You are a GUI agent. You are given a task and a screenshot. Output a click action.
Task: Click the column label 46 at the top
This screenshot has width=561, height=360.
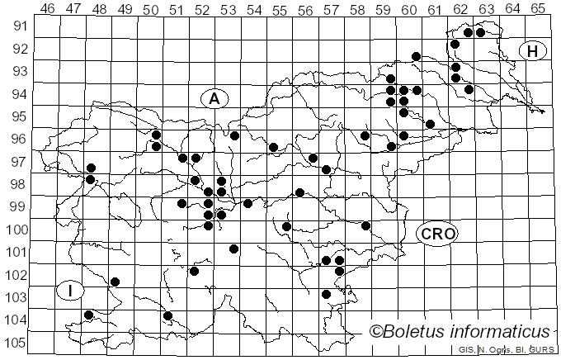[x=47, y=8]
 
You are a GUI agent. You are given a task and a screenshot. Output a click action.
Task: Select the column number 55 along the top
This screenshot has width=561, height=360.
[x=279, y=8]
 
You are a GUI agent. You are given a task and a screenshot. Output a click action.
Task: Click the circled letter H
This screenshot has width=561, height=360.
[x=533, y=51]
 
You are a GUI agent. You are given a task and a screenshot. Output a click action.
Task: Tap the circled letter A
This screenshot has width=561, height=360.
[x=214, y=99]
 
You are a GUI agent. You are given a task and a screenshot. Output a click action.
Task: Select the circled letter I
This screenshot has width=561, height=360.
[x=71, y=291]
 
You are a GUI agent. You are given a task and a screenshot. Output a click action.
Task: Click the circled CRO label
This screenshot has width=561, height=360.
[x=437, y=234]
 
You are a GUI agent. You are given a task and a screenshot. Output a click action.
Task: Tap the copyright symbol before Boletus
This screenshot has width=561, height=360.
[x=376, y=331]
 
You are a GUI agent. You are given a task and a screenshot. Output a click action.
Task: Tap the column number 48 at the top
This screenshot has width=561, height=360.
[x=99, y=8]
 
